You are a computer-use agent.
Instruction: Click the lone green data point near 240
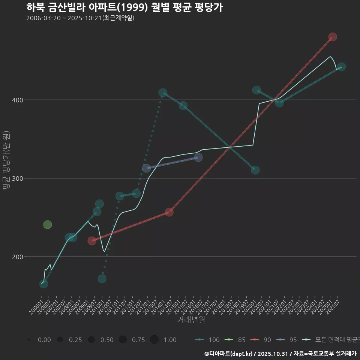48,225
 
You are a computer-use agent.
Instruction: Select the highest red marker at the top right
333,37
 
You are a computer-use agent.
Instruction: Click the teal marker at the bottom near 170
102,279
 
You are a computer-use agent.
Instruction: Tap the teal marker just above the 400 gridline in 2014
163,93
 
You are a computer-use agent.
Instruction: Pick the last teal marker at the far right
342,67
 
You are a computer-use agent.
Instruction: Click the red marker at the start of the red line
92,241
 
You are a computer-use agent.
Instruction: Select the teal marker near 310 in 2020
255,170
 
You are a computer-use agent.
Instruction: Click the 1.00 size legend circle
154,340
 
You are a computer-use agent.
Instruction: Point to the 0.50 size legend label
107,340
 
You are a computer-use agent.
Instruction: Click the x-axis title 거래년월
191,320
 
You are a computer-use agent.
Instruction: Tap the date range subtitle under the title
80,18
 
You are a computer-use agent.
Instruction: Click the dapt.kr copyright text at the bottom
280,354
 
